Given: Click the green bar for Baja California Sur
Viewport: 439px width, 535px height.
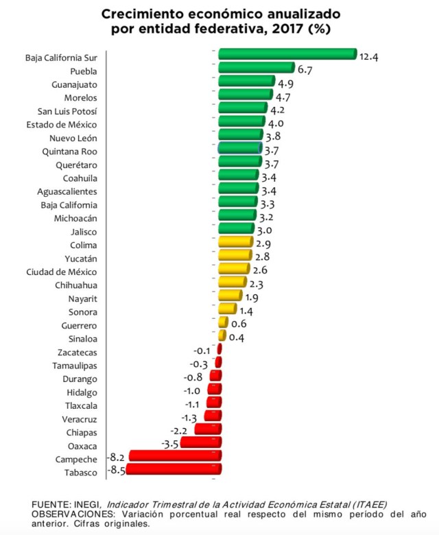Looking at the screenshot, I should [x=287, y=55].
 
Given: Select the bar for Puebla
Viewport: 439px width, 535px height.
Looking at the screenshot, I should [x=256, y=68].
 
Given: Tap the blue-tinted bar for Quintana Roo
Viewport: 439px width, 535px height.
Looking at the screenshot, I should [x=240, y=148].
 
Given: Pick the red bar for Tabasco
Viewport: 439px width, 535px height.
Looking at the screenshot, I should [x=173, y=470].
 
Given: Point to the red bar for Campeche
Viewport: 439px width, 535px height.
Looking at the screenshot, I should [x=175, y=456].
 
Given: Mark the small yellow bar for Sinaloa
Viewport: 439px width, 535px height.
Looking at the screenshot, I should [x=222, y=336].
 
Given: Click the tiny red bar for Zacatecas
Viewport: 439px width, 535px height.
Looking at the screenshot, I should [x=219, y=349].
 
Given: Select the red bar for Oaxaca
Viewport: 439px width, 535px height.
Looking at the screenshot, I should [x=200, y=443].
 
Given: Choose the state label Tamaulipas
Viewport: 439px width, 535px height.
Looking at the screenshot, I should [x=75, y=366].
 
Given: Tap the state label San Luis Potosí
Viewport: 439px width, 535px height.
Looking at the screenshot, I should [x=67, y=111].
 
